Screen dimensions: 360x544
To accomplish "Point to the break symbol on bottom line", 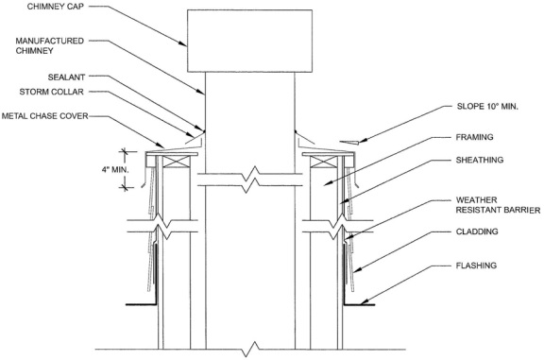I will click(x=251, y=351).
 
